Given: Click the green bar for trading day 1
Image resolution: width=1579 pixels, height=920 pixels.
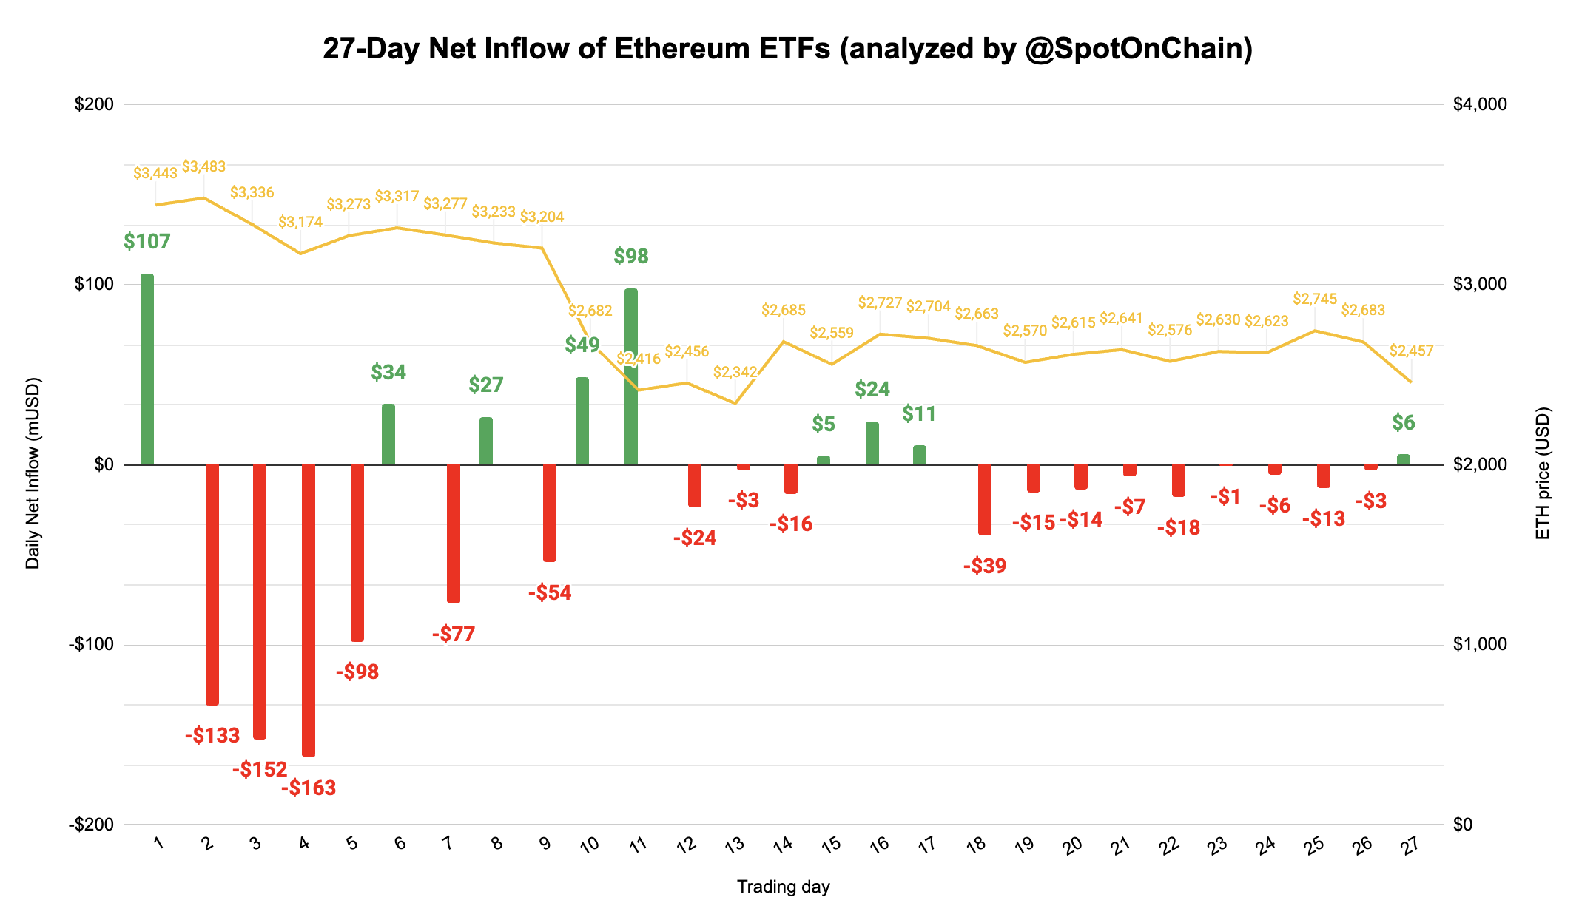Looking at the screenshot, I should coord(147,370).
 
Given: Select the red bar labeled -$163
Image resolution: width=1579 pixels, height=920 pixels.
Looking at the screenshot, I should coord(309,610).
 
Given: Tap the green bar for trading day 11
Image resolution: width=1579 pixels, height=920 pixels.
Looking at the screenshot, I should coord(630,377).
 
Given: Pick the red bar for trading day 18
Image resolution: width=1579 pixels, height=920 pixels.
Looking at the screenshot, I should coord(985,499).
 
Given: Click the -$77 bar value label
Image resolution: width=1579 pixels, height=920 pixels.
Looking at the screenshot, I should coord(454,635).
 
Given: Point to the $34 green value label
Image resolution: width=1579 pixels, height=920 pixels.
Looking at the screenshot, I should coord(388,373).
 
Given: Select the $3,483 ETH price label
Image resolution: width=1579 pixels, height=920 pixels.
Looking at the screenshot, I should coord(203,167).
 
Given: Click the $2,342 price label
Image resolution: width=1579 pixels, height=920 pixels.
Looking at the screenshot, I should coord(735,373).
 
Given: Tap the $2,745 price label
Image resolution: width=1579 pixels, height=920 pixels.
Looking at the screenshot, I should coord(1315,300).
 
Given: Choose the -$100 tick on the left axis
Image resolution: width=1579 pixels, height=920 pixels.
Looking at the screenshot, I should coord(92,645).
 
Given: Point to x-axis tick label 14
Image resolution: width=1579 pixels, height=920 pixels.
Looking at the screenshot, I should coord(783,845).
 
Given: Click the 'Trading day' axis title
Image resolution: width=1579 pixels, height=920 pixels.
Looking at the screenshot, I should coord(783,887).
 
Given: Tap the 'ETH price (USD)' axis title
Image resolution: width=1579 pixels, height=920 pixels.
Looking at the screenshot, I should coord(1543,473).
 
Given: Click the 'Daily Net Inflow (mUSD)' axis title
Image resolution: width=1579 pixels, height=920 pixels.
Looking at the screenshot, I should coord(33,473).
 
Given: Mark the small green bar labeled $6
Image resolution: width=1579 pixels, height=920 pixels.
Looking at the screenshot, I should coord(1403,460).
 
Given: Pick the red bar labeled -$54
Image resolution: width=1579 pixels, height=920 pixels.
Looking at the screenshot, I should coord(550,513).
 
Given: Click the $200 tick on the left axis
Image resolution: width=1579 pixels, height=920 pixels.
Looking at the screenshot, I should coord(95,104).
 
